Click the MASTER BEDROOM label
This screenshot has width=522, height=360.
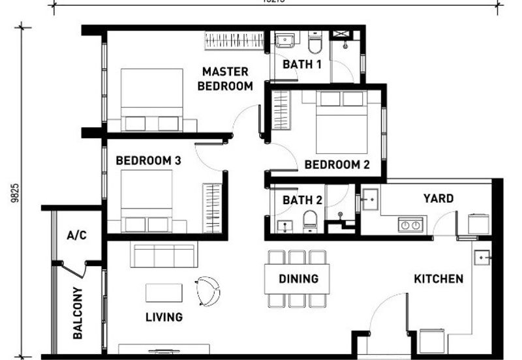click(x=226, y=79)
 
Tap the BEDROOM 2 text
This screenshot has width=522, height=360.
click(x=337, y=165)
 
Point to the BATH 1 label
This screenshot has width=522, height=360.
click(x=301, y=65)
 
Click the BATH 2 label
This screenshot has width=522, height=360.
click(x=302, y=200)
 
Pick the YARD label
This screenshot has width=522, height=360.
click(x=438, y=198)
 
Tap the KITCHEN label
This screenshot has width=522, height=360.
click(x=438, y=279)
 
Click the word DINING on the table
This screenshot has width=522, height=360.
click(x=298, y=279)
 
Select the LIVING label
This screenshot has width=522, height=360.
click(x=164, y=318)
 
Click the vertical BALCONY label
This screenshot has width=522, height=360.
click(x=78, y=313)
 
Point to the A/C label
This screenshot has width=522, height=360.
click(x=76, y=235)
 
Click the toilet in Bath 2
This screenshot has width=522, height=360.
click(x=311, y=220)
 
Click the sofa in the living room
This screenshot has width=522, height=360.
click(x=164, y=255)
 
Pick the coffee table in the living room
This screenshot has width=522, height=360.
click(x=164, y=293)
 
